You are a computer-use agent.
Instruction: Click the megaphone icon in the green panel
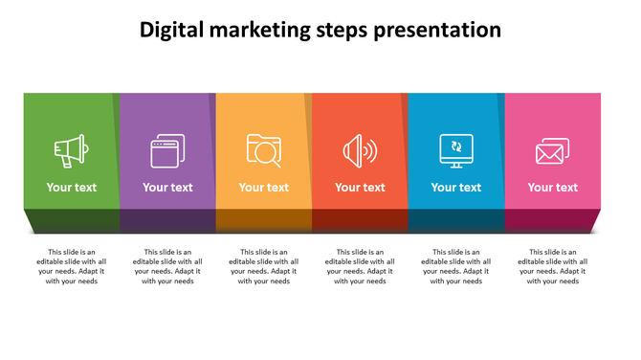click(x=71, y=150)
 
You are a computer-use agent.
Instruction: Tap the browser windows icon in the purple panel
click(x=167, y=150)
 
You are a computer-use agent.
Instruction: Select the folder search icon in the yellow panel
click(x=263, y=150)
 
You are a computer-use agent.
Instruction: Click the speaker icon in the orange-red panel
click(x=360, y=150)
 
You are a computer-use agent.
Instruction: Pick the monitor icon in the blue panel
click(x=456, y=149)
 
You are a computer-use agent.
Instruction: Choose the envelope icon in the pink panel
click(x=552, y=150)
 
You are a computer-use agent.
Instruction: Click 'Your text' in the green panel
click(x=72, y=188)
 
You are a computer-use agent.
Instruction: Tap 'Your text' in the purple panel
click(x=167, y=188)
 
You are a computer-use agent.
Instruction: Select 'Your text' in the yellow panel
click(x=264, y=188)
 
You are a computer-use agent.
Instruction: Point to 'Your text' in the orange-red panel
click(x=360, y=188)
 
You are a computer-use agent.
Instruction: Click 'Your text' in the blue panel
click(x=456, y=188)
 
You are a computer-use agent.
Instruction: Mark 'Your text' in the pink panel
click(x=553, y=188)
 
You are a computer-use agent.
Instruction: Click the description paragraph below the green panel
click(x=72, y=267)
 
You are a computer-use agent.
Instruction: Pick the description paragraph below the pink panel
click(x=553, y=267)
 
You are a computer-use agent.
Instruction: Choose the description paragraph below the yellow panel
click(x=264, y=267)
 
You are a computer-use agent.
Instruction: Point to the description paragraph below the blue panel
click(x=456, y=267)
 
